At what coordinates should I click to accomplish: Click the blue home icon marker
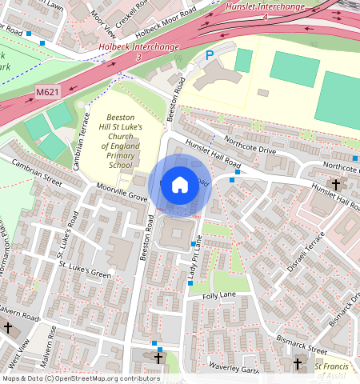pos(180,185)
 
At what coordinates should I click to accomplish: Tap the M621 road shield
pos(47,93)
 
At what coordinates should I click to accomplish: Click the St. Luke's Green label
pos(83,268)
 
